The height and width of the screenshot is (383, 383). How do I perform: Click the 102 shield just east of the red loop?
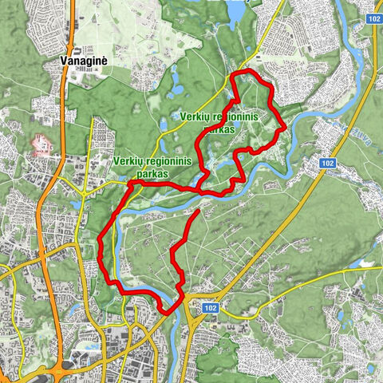click(326, 162)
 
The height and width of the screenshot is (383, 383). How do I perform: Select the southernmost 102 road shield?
click(209, 307)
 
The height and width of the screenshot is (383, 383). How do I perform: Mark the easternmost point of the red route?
click(285, 127)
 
